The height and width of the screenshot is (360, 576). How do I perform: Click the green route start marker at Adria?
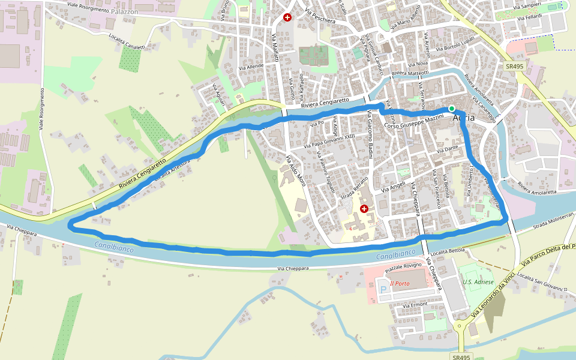(x=452, y=109)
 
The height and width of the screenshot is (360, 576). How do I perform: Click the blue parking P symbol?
(x=383, y=290)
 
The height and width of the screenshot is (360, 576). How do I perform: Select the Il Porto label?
(x=400, y=284)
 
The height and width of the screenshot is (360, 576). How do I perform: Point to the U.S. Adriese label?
(x=478, y=282)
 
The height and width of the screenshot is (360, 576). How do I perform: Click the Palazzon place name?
(x=125, y=11)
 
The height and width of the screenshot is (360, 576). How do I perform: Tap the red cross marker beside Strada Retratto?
(x=364, y=208)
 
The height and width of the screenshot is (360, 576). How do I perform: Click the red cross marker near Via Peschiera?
(x=287, y=17)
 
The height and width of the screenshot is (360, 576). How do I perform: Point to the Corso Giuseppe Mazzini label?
(x=413, y=122)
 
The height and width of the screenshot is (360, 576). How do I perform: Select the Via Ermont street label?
(x=415, y=305)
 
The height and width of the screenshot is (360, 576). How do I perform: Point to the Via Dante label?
(x=448, y=148)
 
